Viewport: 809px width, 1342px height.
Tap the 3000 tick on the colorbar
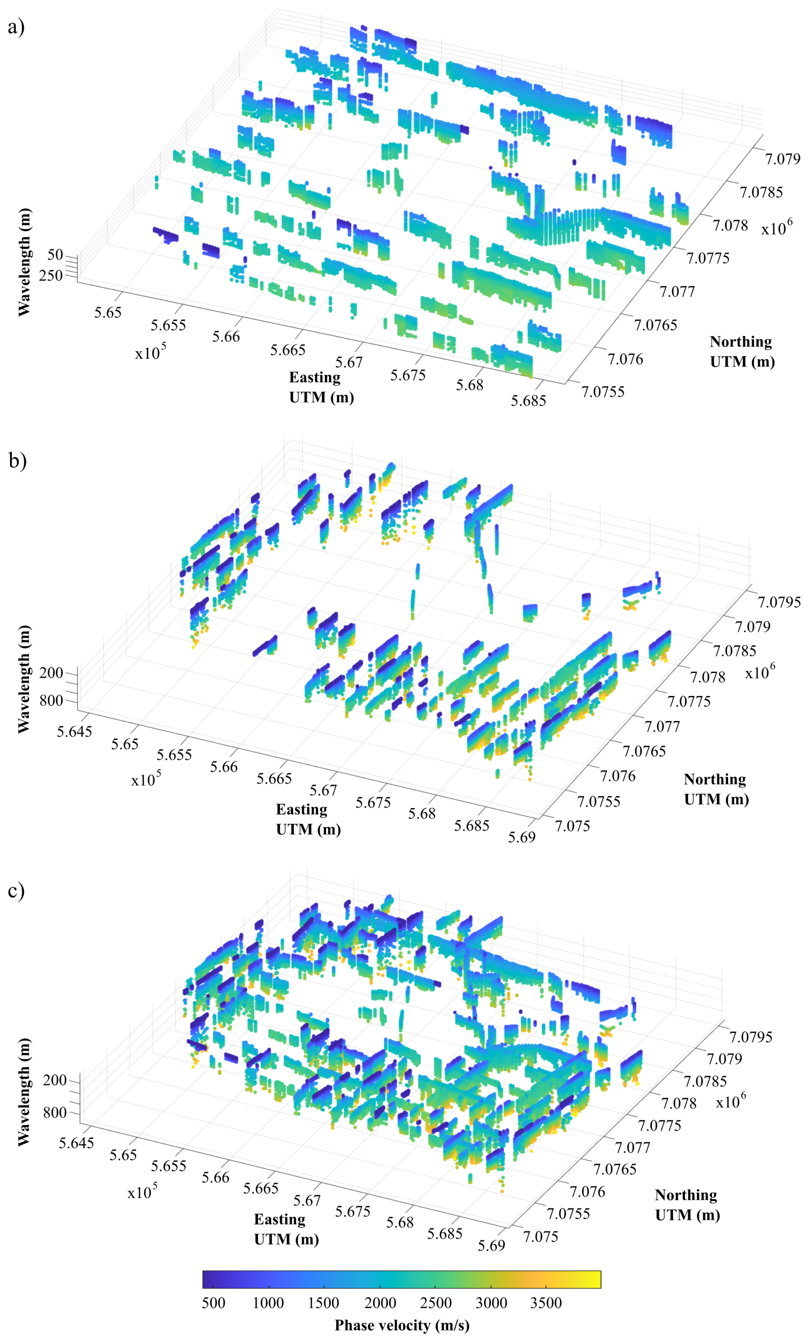[x=491, y=1303]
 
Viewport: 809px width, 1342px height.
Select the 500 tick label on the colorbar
[x=213, y=1303]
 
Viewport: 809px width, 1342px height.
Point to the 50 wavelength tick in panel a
[x=55, y=254]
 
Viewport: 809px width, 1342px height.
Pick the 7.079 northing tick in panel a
[x=782, y=159]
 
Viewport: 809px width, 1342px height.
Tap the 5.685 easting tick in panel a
[x=528, y=401]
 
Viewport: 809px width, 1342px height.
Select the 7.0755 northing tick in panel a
[x=602, y=392]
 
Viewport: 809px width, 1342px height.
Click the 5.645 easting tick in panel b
[x=75, y=731]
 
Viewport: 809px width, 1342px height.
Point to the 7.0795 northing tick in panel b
[x=779, y=602]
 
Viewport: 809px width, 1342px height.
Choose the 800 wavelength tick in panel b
[x=51, y=700]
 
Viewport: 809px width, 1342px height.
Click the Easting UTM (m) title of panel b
[x=308, y=819]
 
